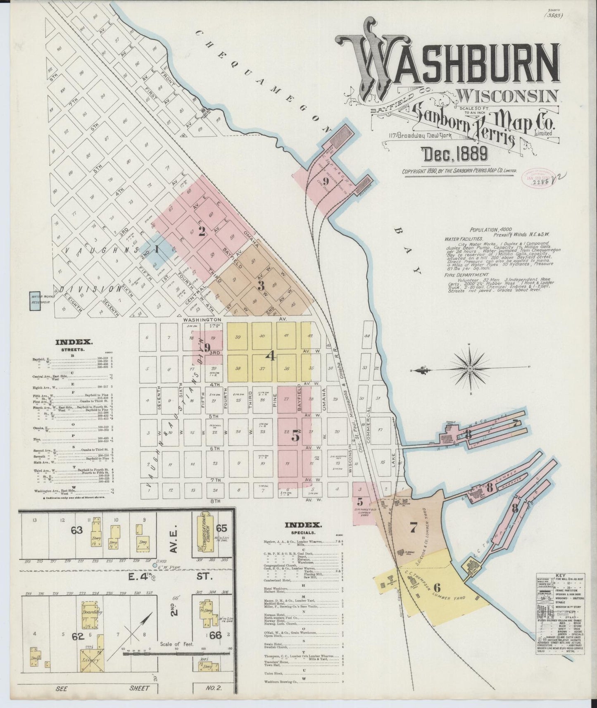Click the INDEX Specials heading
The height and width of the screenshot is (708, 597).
304,525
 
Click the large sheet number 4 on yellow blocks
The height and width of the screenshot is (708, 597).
271,355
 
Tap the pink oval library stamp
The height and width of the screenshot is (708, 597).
536,178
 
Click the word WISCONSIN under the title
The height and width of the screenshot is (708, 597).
509,95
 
